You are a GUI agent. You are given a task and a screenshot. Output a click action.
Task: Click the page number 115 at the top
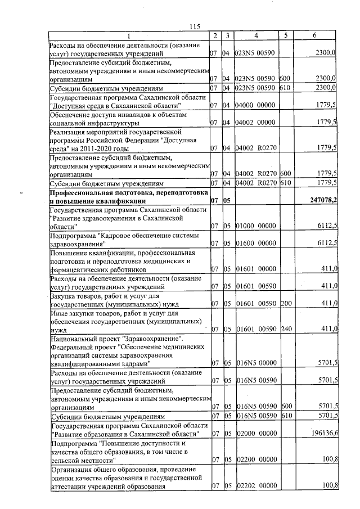pyautogui.click(x=195, y=27)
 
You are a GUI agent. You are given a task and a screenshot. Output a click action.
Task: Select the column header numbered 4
pyautogui.click(x=256, y=36)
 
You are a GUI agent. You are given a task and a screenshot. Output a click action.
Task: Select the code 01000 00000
pyautogui.click(x=255, y=226)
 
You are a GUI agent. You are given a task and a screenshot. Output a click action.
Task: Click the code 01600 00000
pyautogui.click(x=255, y=243)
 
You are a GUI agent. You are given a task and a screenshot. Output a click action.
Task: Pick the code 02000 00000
pyautogui.click(x=255, y=434)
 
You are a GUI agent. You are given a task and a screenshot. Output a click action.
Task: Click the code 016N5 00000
pyautogui.click(x=255, y=364)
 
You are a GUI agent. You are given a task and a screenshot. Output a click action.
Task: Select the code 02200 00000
pyautogui.click(x=255, y=460)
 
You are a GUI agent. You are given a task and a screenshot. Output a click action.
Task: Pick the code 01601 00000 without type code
pyautogui.click(x=255, y=269)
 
